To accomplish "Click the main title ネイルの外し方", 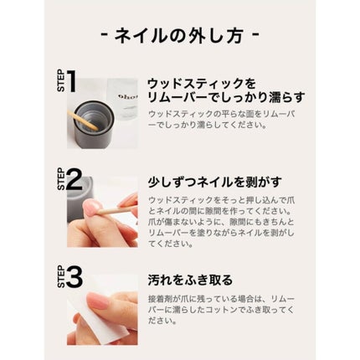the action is pos(179,36).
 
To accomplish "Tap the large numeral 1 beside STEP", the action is pos(71,81).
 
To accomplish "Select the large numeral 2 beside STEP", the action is pos(75,180).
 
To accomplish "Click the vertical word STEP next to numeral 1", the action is pos(61,81).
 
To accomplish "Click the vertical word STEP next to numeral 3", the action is pos(61,277).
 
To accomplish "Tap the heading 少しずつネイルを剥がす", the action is pos(214,182).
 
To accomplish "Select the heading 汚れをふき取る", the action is pos(190,280).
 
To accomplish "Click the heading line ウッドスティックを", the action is pos(202,84).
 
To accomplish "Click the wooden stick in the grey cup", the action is pos(83,121).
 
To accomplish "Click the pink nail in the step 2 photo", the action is pos(91,208).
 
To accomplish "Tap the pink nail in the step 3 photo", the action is pos(98,300).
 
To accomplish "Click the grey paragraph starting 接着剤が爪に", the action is pos(221,310).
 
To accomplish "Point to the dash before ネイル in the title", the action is pos(104,35).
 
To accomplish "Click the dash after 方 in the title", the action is pos(256,35).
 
